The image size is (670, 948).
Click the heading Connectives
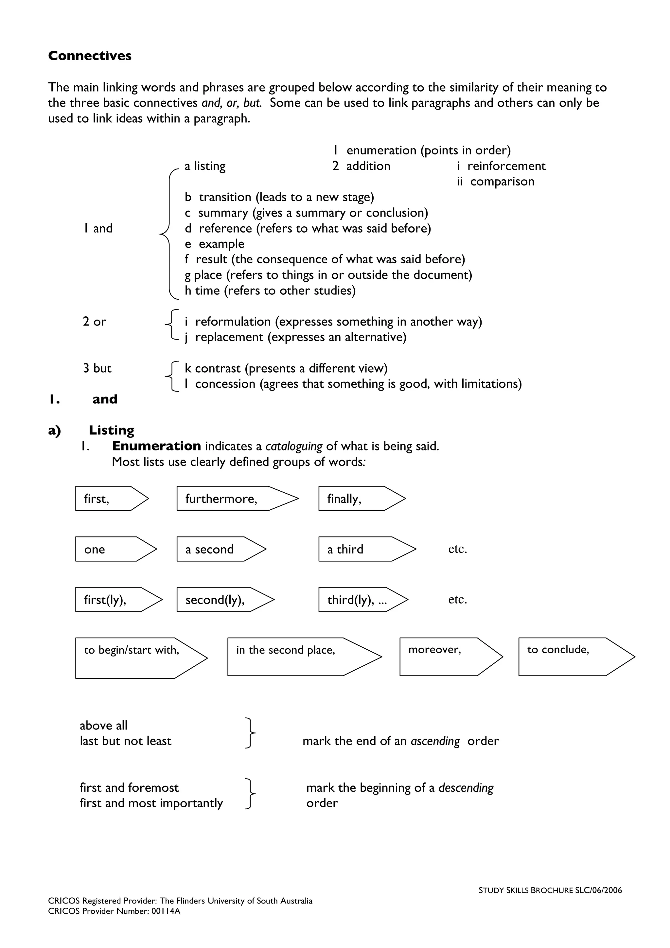pyautogui.click(x=90, y=56)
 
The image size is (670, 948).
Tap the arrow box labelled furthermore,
pyautogui.click(x=231, y=499)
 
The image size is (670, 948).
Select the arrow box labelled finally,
pyautogui.click(x=355, y=499)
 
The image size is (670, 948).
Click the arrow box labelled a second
pyautogui.click(x=217, y=549)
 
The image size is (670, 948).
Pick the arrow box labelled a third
pyautogui.click(x=361, y=549)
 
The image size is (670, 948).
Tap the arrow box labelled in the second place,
pyautogui.click(x=297, y=657)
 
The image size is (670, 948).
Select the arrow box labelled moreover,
pyautogui.click(x=446, y=657)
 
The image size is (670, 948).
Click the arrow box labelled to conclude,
pyautogui.click(x=570, y=657)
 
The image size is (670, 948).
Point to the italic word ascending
pyautogui.click(x=435, y=741)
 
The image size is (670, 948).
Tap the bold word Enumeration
pyautogui.click(x=156, y=446)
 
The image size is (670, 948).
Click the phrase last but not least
pyautogui.click(x=126, y=741)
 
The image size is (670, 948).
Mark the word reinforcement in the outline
pyautogui.click(x=506, y=166)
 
